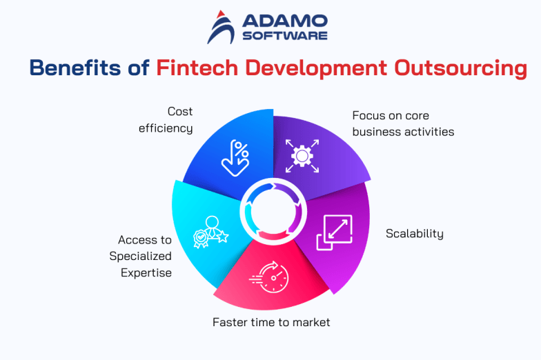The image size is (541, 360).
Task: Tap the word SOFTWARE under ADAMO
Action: click(x=285, y=35)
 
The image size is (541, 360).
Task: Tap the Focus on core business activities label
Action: click(x=403, y=123)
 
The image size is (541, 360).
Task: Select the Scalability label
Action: click(x=414, y=233)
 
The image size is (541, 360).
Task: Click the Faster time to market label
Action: click(x=271, y=321)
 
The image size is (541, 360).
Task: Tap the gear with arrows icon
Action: click(x=302, y=156)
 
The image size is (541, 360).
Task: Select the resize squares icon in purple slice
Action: click(x=334, y=232)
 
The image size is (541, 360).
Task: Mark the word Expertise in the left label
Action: click(x=146, y=272)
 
